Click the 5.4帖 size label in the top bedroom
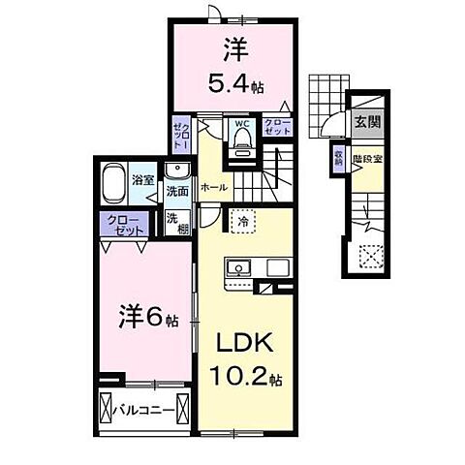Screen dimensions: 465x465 pos(230,81)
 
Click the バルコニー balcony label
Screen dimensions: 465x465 pos(142,411)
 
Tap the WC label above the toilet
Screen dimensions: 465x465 pos(241,124)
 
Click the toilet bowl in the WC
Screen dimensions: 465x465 pos(241,144)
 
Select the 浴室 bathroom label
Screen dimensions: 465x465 pos(143,179)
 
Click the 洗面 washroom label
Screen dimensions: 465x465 pos(175,192)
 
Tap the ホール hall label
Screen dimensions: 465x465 pos(212,187)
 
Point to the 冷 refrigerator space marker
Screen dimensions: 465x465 pos(241,223)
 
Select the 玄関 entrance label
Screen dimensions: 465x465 pos(366,123)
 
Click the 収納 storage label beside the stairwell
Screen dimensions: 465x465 pos(338,159)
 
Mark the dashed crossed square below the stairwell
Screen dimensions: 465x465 pos(367,256)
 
